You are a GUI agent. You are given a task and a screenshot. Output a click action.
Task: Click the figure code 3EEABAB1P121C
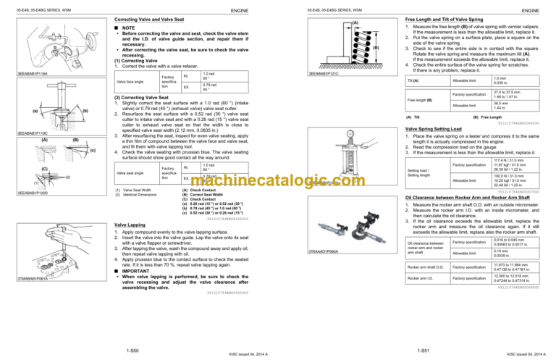click(x=324, y=72)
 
